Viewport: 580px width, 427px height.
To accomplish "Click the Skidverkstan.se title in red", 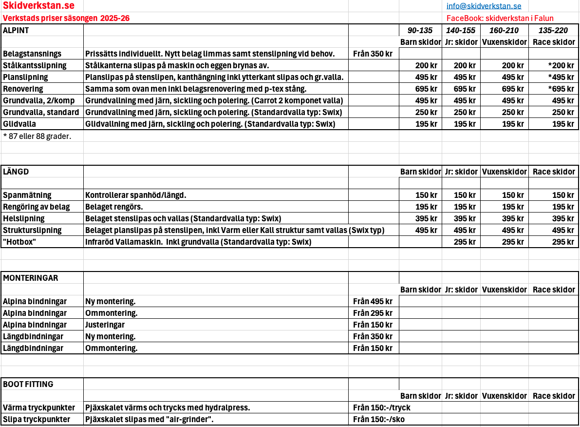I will pos(38,6).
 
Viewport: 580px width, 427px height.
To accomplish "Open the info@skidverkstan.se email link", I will pos(484,6).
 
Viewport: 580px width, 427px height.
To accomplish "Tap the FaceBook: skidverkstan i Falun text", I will pos(493,18).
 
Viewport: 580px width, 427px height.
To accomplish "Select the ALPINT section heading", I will pos(16,30).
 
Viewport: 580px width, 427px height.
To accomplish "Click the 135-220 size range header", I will pos(553,30).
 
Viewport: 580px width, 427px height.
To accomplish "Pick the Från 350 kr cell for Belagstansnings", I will pos(373,54).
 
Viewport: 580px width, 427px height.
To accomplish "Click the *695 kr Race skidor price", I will pos(557,89).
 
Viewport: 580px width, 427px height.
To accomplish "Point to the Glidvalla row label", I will pos(19,124).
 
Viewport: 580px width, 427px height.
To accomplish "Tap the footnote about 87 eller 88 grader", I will pos(37,136).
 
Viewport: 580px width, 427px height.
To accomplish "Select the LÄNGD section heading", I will pos(16,172).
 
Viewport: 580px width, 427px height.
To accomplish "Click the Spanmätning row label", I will pos(27,195).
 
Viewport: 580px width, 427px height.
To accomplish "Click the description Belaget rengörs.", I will pos(114,207).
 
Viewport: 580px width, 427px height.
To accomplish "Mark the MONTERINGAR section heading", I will pos(31,278).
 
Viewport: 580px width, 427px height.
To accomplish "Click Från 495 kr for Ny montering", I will pos(373,301).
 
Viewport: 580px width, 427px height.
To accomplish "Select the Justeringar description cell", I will pos(105,325).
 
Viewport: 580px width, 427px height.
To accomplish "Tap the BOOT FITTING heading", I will pos(28,384).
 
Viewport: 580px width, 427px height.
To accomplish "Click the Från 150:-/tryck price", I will pos(382,408).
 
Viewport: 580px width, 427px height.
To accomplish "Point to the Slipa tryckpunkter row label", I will pos(37,419).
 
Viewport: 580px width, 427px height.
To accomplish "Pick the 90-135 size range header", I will pos(420,30).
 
